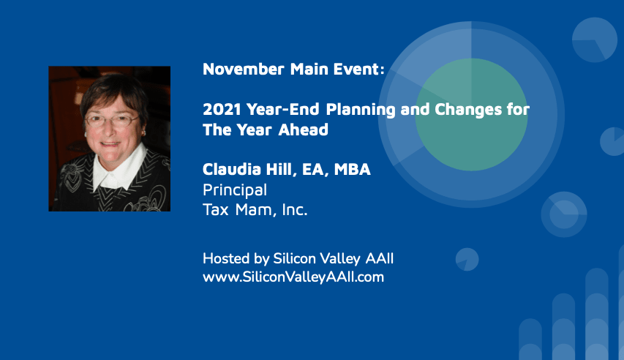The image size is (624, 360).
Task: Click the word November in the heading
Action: click(243, 69)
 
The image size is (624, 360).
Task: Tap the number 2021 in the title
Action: click(222, 109)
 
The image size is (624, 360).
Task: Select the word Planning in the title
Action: click(361, 110)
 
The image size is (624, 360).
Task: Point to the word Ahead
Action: click(304, 130)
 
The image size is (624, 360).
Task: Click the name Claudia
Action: click(231, 169)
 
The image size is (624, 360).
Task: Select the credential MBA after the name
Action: click(352, 169)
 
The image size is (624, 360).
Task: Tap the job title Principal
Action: click(235, 190)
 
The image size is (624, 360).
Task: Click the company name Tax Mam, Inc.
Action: click(255, 209)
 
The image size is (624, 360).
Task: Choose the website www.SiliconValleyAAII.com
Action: click(293, 277)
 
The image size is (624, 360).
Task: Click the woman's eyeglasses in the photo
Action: click(112, 120)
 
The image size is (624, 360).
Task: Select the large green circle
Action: click(471, 115)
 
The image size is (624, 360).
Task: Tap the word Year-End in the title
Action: click(282, 109)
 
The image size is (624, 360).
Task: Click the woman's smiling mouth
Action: click(110, 143)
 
